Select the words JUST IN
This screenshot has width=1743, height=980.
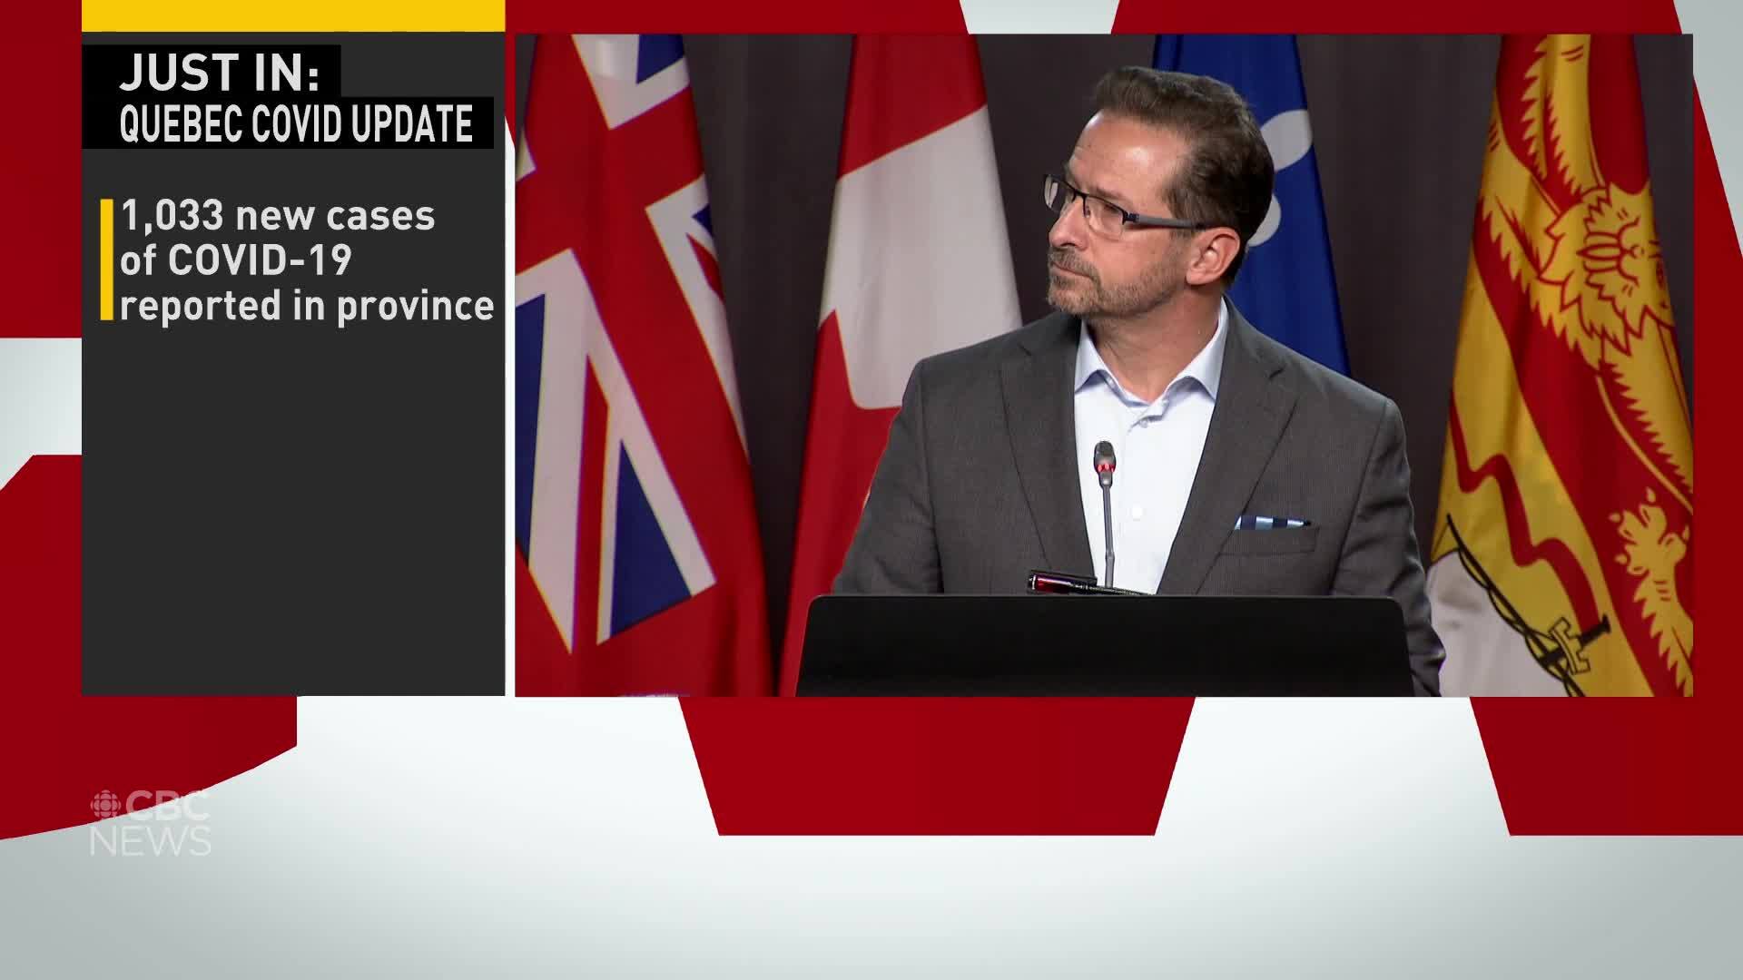[x=220, y=73]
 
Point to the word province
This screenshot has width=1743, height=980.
[x=416, y=308]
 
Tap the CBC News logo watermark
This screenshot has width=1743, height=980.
[x=151, y=823]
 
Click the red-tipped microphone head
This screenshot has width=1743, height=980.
[x=1104, y=463]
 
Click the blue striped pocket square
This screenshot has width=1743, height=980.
[x=1270, y=523]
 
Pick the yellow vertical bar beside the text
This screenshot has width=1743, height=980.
[x=106, y=260]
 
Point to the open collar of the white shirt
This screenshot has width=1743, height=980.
[x=1146, y=381]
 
